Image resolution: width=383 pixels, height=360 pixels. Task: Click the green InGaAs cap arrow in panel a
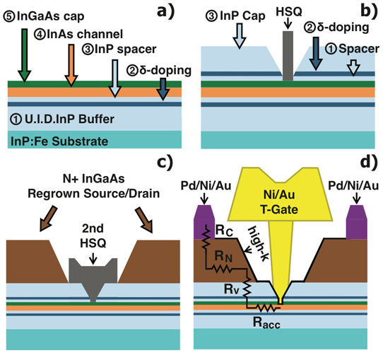[25, 55]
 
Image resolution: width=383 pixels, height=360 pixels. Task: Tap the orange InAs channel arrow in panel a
[71, 65]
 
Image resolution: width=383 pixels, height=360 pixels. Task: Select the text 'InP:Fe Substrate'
[59, 141]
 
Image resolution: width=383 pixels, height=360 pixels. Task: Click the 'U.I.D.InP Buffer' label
[62, 120]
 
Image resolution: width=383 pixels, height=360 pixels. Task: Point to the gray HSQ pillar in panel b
[288, 56]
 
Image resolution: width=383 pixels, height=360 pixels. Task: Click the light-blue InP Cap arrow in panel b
[240, 35]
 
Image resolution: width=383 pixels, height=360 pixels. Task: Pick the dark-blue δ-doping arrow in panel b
[316, 54]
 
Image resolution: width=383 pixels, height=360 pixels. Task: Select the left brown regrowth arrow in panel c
[49, 219]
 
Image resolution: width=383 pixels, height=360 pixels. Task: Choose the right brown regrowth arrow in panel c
[144, 220]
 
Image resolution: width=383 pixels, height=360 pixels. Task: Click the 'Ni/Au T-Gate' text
[279, 202]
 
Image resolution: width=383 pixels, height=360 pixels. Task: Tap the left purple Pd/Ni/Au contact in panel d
[204, 222]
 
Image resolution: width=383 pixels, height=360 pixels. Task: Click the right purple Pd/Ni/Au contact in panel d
[357, 222]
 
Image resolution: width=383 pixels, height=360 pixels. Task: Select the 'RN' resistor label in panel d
[223, 257]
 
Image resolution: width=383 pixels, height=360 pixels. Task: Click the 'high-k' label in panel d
[259, 244]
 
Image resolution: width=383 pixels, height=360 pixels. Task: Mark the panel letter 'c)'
[165, 163]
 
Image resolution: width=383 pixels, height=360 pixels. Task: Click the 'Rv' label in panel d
[231, 289]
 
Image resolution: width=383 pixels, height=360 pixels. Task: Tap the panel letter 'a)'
[166, 11]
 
